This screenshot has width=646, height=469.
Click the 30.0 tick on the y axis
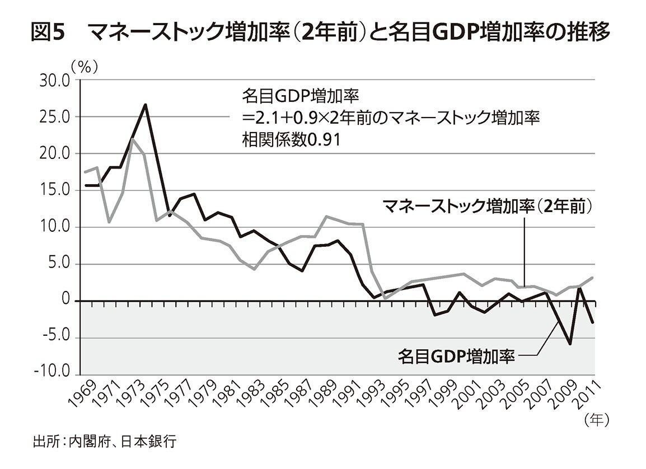click(x=55, y=81)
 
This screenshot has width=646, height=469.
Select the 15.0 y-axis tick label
click(x=55, y=190)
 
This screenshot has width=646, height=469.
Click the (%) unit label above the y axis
click(x=85, y=67)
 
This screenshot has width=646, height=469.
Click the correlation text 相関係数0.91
click(x=292, y=139)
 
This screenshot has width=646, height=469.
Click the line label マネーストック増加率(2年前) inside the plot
click(x=487, y=207)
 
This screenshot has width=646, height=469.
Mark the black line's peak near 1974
click(x=146, y=105)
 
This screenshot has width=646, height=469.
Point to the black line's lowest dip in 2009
click(x=570, y=344)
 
